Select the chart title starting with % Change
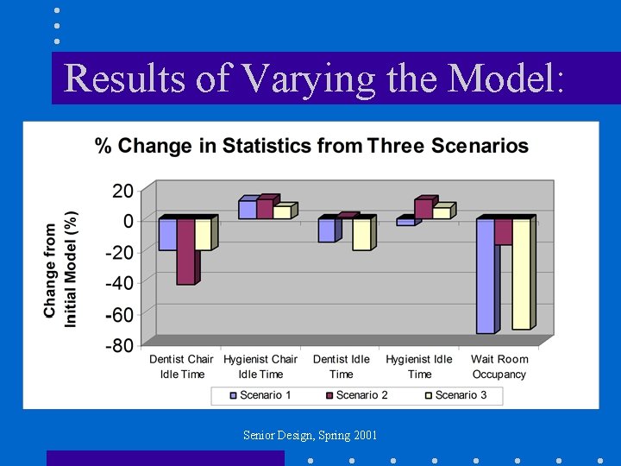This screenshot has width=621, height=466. [311, 146]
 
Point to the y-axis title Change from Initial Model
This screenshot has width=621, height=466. [61, 269]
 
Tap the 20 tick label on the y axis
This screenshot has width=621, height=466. [122, 190]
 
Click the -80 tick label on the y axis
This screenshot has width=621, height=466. [119, 345]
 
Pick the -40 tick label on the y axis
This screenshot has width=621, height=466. [119, 283]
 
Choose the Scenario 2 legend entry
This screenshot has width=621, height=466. [355, 395]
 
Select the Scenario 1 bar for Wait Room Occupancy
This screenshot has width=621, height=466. [486, 275]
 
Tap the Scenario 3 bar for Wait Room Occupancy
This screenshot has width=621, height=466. [521, 274]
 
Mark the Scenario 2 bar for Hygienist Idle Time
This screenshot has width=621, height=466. [423, 208]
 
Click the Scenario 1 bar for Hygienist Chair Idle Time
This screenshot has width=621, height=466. [248, 209]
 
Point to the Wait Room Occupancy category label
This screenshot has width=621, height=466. [499, 367]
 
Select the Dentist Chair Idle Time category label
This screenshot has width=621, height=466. [181, 367]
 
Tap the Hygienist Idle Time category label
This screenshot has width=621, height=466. [419, 367]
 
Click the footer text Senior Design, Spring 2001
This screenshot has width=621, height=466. [310, 435]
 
